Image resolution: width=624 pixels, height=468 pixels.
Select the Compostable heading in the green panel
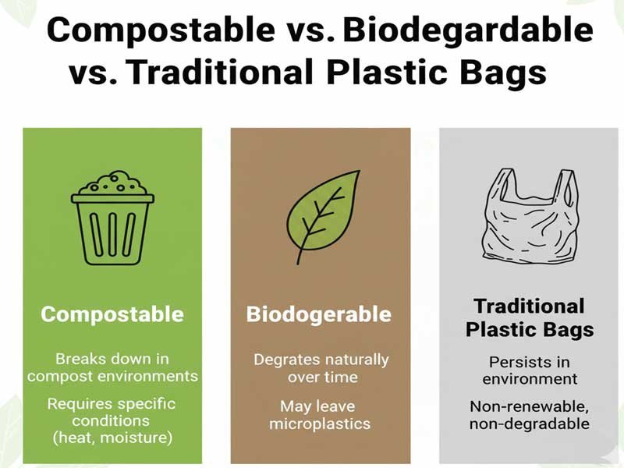click(112, 314)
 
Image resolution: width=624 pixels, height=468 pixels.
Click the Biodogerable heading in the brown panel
click(319, 314)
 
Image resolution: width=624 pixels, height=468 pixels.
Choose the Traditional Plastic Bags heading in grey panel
click(529, 317)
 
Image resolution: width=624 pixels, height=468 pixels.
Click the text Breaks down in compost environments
click(112, 367)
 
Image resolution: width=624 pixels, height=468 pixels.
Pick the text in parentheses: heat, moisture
click(112, 438)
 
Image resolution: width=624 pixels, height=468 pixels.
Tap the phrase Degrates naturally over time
click(321, 368)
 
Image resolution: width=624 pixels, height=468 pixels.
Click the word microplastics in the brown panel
click(320, 424)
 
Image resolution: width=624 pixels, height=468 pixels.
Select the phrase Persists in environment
click(530, 370)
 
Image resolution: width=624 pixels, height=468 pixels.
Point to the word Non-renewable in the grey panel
click(530, 406)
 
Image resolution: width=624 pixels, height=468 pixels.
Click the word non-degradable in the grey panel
click(530, 424)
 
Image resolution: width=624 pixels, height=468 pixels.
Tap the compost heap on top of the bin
click(112, 184)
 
